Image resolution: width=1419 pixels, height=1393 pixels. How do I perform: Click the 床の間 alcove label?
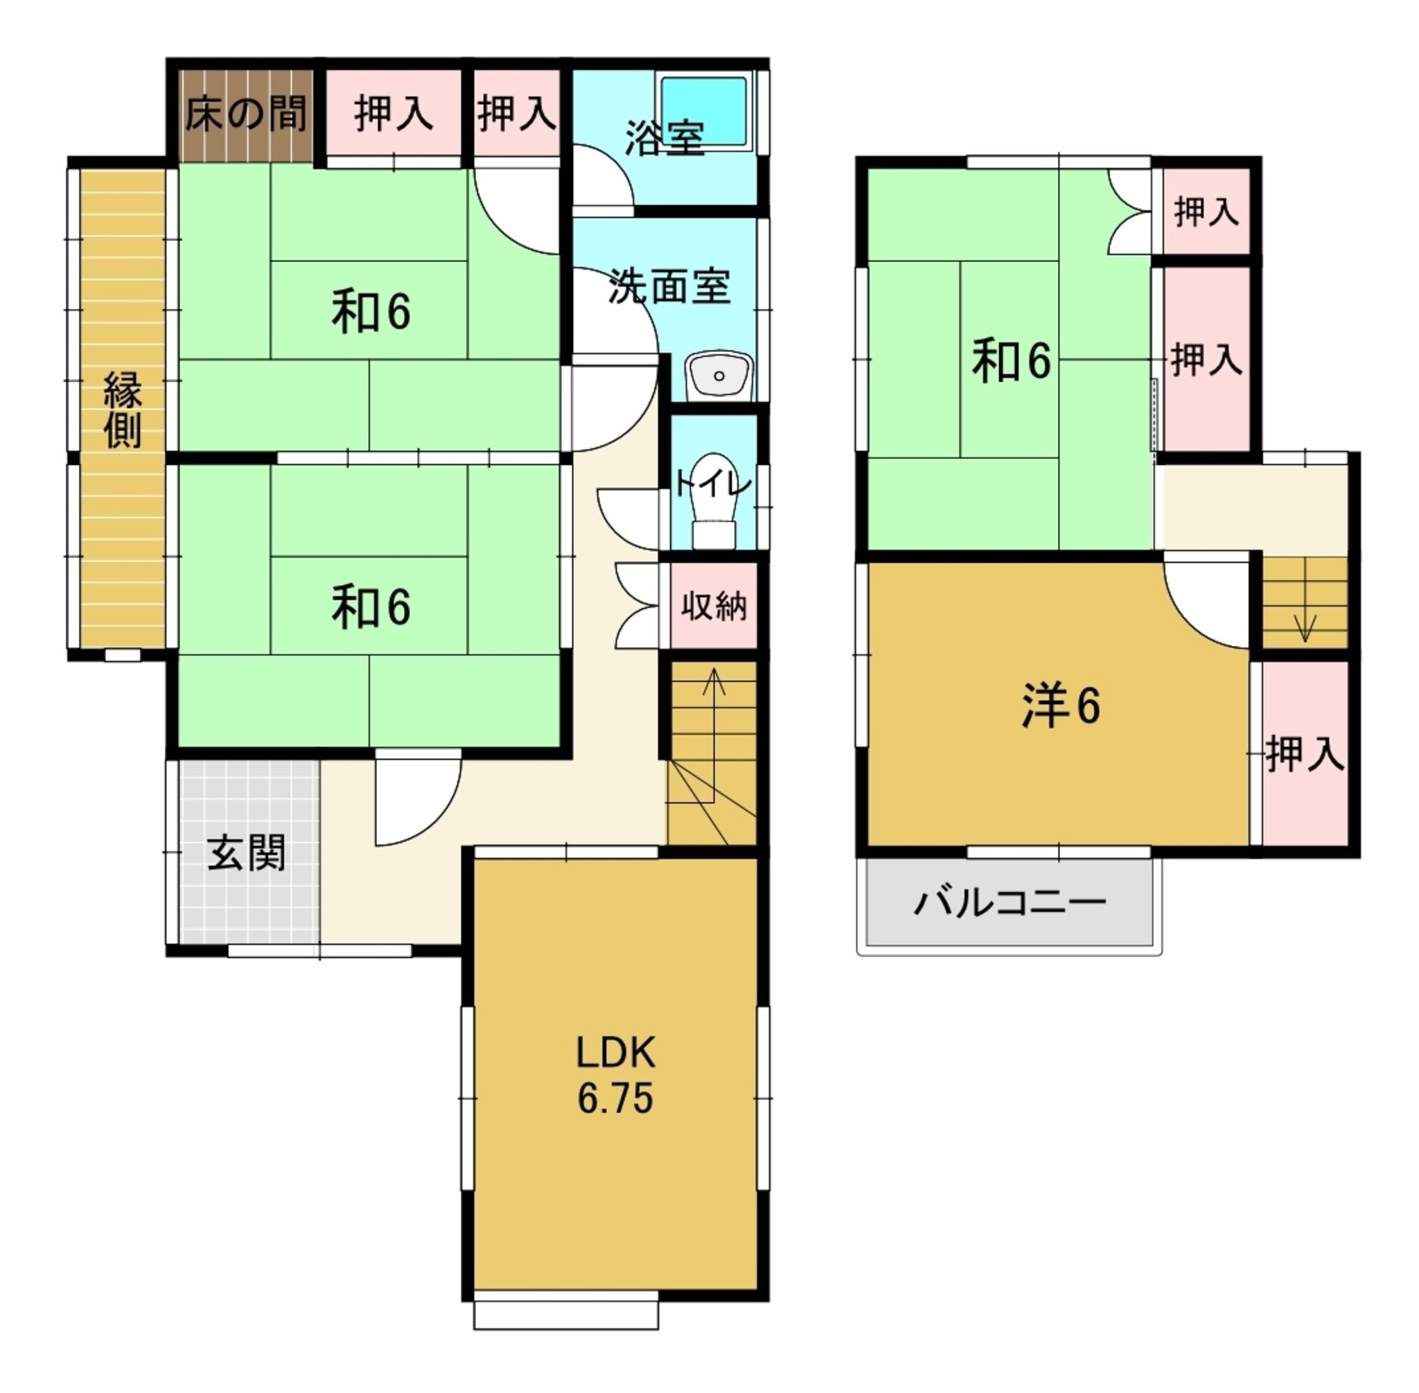coord(245,114)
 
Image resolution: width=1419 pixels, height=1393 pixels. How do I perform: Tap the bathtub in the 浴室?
coord(704,111)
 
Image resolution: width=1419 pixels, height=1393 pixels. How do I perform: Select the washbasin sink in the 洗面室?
coord(719,376)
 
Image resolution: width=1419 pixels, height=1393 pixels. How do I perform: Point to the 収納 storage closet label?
coord(714,606)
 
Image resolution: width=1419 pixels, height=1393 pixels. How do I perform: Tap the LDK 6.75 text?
coord(615,1075)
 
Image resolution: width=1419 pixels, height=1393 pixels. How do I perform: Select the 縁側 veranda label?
coord(122,410)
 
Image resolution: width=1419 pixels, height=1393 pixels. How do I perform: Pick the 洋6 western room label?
coord(1061,706)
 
